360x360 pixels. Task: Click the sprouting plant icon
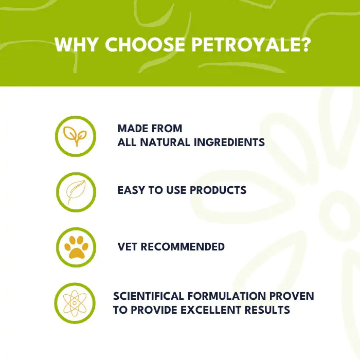[x=75, y=136]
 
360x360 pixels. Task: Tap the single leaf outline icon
[x=75, y=192]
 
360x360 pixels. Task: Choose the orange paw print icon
[x=76, y=247]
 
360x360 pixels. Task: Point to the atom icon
[x=75, y=303]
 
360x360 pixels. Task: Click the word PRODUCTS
[x=218, y=190]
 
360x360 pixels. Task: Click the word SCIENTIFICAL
[x=148, y=296]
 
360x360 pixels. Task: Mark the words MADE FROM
[x=150, y=128]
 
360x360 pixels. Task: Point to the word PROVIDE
[x=153, y=310]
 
